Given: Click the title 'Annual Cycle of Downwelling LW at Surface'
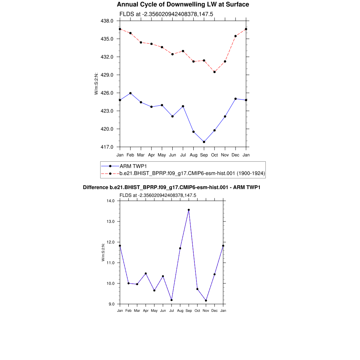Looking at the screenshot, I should pos(183,5).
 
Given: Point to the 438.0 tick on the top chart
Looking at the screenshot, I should pos(107,21).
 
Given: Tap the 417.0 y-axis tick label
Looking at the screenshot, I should pos(107,147).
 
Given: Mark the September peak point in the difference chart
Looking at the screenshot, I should pos(189,210).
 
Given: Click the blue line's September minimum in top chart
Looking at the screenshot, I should pos(204,142).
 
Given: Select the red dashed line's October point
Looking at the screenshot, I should pos(214,72).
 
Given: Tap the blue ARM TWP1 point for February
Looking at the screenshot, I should pos(130,93).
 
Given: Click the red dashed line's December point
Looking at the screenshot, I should pos(236,36).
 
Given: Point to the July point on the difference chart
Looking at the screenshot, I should pos(172,300).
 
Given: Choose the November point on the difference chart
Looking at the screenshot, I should pos(206,301).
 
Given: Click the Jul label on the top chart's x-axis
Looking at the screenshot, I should pos(183,155).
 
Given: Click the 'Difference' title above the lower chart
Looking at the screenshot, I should pos(172,187).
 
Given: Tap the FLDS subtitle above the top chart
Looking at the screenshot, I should pos(167,14).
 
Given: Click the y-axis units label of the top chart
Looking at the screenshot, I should pos(96,84).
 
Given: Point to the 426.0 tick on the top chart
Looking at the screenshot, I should pos(107,93).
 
